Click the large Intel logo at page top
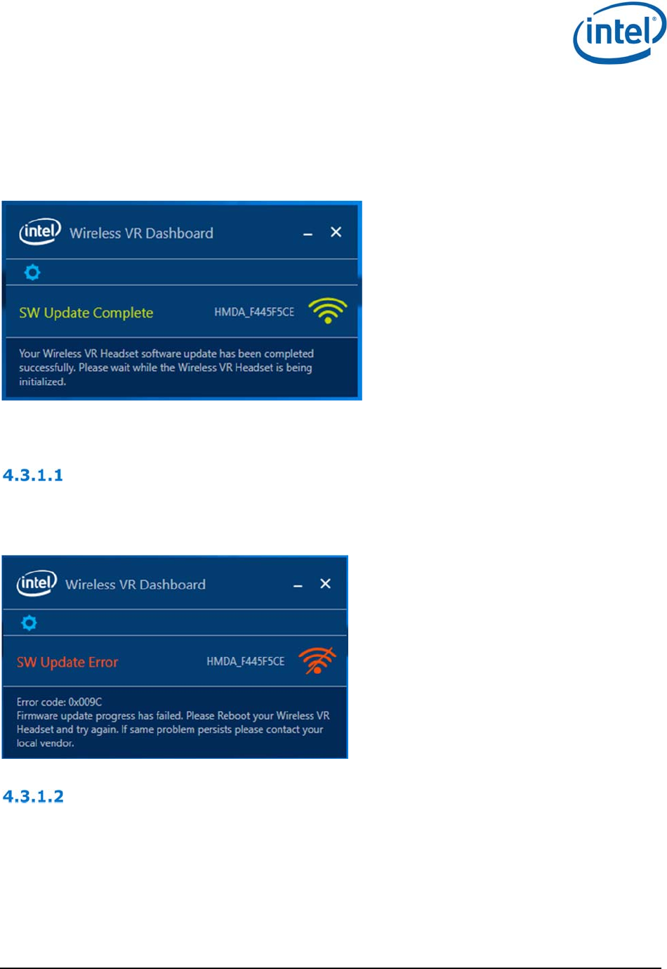point(619,33)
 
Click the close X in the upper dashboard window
point(336,232)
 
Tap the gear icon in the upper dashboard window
point(32,272)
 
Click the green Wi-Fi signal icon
point(328,310)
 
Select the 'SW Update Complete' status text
point(86,313)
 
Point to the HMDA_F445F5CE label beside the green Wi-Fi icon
point(254,312)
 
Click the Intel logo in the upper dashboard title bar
point(40,232)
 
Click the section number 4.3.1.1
point(33,475)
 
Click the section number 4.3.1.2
point(33,796)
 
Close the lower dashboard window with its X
point(325,583)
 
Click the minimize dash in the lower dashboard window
point(298,585)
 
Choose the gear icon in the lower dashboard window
point(29,623)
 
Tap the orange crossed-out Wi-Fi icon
point(317,661)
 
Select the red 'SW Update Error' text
point(67,662)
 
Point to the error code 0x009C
point(85,702)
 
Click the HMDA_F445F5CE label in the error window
point(246,661)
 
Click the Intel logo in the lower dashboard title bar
point(37,583)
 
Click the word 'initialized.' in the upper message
point(42,382)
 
